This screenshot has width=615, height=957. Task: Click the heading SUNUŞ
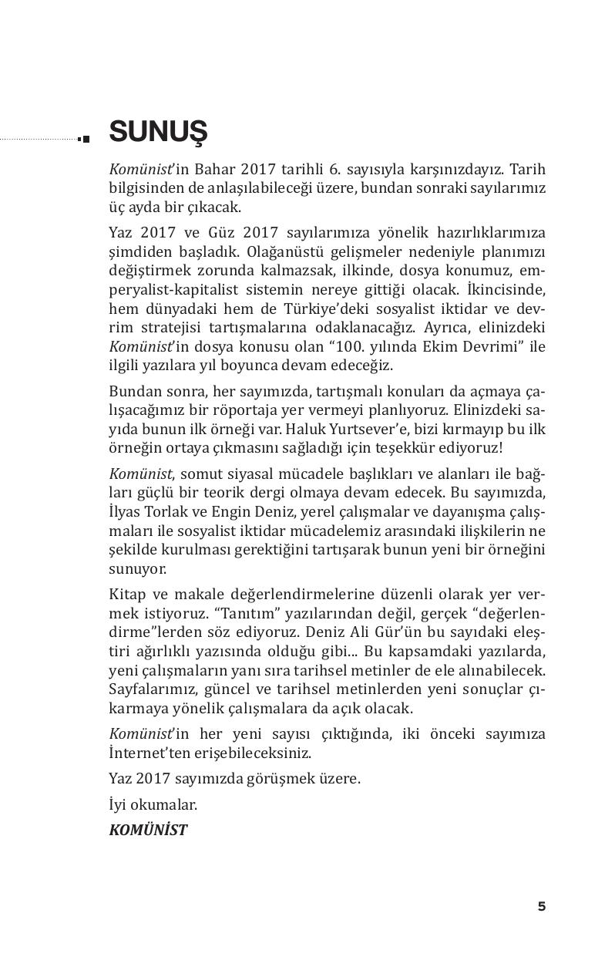(159, 132)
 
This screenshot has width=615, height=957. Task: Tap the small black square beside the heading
(85, 139)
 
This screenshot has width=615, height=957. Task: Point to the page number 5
(542, 906)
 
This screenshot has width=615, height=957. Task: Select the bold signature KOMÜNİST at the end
(148, 831)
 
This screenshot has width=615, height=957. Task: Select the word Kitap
(126, 594)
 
